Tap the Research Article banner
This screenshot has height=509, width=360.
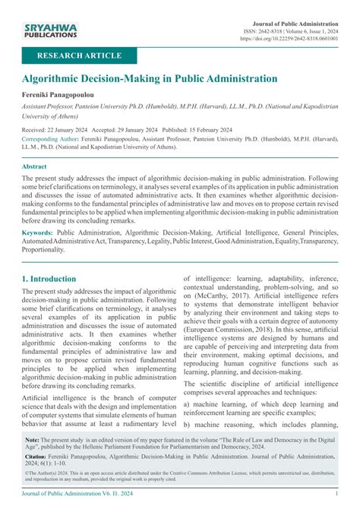pyautogui.click(x=84, y=55)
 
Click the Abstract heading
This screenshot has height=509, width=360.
pyautogui.click(x=35, y=166)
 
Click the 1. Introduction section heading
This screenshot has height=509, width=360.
pyautogui.click(x=49, y=278)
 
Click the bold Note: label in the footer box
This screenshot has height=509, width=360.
pyautogui.click(x=33, y=440)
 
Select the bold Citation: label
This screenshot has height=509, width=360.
pyautogui.click(x=39, y=458)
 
